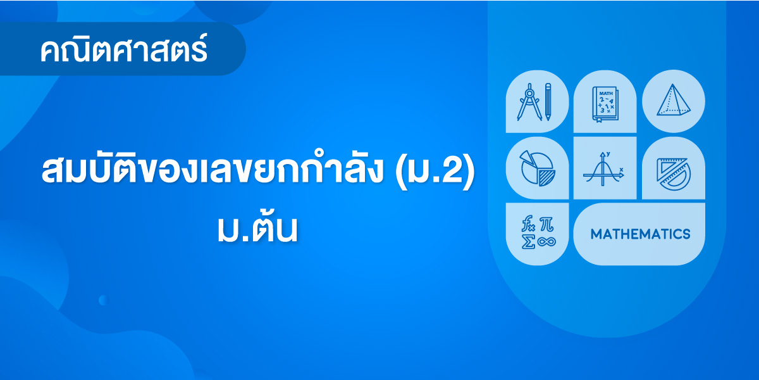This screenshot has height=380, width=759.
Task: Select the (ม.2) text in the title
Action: (435, 171)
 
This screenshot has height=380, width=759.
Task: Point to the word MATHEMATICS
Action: (640, 234)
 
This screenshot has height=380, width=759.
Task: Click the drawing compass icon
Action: (529, 102)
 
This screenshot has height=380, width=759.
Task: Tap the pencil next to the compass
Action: (548, 102)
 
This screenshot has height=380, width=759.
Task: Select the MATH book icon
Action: (605, 104)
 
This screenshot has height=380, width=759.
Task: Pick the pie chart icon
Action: (538, 168)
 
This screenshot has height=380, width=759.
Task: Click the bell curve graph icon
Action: (603, 168)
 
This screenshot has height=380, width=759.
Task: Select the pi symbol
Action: (546, 224)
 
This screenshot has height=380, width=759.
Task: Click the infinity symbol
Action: (546, 242)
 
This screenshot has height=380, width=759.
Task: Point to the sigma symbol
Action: (529, 242)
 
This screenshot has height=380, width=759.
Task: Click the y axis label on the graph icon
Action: (608, 154)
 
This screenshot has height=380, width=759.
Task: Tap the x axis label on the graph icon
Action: (621, 169)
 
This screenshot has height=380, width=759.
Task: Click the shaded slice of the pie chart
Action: (547, 178)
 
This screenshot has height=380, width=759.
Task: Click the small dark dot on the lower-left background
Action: (103, 300)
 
